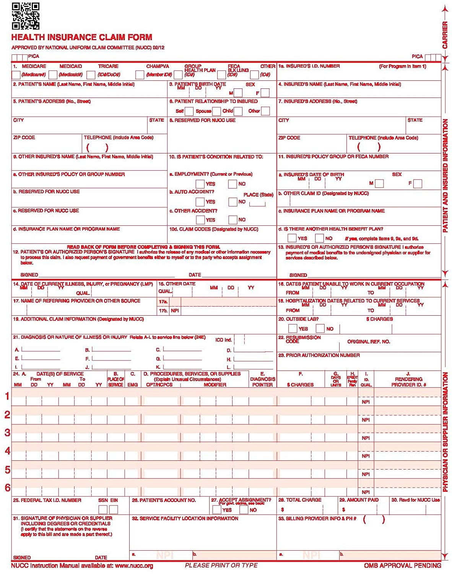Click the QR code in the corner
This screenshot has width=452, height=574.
coord(26,16)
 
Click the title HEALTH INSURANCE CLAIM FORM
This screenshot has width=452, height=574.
coord(82,38)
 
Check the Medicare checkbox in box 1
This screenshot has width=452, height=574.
coord(16,75)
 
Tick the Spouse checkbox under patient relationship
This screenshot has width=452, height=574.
coord(216,111)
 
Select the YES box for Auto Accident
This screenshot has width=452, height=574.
coord(200,202)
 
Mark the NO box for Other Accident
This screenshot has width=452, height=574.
coord(233,220)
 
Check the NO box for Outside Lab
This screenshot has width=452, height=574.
coord(320,329)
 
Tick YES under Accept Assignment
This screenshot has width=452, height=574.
coord(216,510)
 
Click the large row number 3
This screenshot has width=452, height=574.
coord(7,432)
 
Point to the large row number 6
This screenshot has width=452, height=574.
coord(7,488)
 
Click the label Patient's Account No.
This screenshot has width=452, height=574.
coord(164,500)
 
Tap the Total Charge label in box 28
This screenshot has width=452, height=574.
coord(300,500)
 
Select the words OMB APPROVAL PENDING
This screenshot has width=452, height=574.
coord(402,566)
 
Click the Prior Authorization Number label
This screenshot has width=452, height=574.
coord(319,355)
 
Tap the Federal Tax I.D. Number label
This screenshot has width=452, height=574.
coord(47,500)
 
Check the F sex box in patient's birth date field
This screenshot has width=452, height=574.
coord(265,93)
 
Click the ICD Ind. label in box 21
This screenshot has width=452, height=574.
coord(224,340)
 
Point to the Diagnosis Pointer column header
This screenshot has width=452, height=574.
coord(262,382)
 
